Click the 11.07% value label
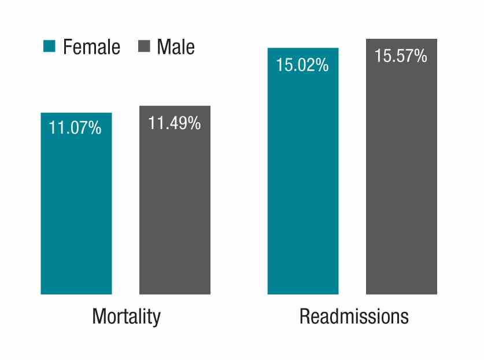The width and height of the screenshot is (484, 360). click(x=75, y=128)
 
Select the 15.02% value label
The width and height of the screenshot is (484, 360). click(x=302, y=65)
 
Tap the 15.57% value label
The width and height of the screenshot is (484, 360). click(x=401, y=56)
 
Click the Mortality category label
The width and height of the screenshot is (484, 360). click(x=126, y=317)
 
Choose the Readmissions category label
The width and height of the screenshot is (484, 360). click(x=354, y=317)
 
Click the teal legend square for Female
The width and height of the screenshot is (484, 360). click(x=49, y=47)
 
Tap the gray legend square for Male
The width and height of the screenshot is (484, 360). click(x=145, y=47)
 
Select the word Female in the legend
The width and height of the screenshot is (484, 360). click(x=91, y=47)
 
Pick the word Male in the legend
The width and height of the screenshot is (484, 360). click(x=176, y=47)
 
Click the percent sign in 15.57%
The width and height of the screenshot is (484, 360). click(x=420, y=56)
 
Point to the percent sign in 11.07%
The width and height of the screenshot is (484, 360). click(x=95, y=128)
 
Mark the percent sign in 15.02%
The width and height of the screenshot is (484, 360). click(x=322, y=65)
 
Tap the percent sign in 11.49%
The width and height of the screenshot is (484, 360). click(x=194, y=123)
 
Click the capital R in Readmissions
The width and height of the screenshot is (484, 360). click(x=304, y=317)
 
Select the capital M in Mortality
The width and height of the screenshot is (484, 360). click(x=99, y=317)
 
